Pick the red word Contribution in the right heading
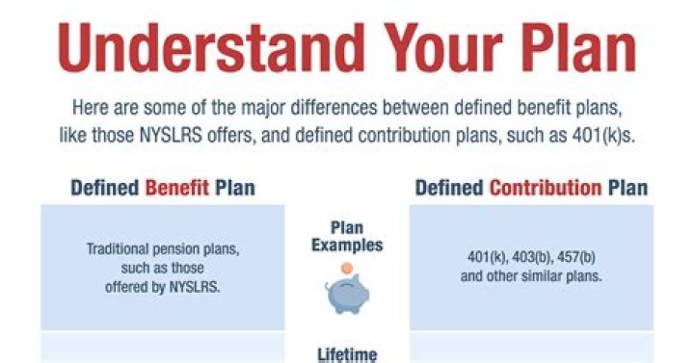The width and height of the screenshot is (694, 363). [545, 187]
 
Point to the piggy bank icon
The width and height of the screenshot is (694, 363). [345, 297]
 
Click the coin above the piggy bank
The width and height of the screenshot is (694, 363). [344, 272]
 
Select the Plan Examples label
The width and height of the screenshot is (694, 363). [346, 237]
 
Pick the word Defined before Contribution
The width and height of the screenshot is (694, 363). [449, 187]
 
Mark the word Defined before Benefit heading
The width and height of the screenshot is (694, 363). [105, 187]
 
